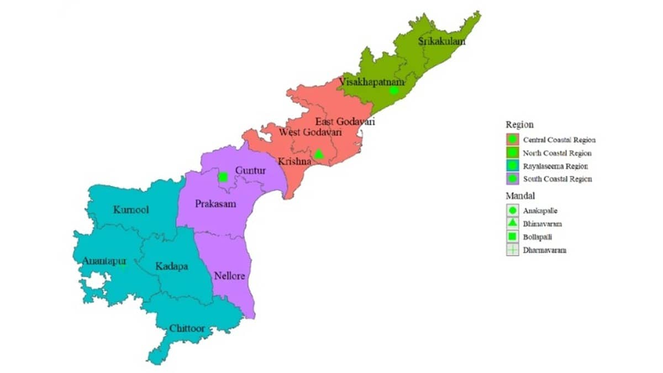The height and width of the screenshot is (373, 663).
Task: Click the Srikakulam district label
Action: tap(441, 41)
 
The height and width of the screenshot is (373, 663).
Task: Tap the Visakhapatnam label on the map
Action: tap(371, 82)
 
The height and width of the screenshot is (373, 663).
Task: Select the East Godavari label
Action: tap(345, 122)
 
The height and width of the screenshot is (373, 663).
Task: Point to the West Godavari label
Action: tap(310, 133)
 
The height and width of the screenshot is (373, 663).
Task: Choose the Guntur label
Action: tap(250, 171)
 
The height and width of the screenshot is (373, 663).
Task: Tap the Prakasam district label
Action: tap(215, 204)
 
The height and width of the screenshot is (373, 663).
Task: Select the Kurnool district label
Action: tap(131, 210)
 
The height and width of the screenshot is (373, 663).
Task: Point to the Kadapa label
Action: tap(171, 266)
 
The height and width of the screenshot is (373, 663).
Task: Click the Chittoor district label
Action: tap(187, 329)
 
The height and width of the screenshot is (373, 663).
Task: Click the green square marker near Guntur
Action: tap(223, 177)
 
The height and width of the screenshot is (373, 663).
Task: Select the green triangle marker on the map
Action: tap(319, 154)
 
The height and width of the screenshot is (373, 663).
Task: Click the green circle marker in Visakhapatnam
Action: tap(393, 90)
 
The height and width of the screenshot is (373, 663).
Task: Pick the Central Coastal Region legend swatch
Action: tap(512, 140)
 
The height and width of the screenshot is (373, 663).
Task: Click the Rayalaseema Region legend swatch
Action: tap(512, 166)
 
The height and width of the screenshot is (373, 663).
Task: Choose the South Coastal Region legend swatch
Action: tap(512, 179)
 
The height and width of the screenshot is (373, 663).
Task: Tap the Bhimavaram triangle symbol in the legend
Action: tap(512, 224)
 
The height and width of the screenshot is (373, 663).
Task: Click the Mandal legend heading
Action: tap(519, 196)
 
